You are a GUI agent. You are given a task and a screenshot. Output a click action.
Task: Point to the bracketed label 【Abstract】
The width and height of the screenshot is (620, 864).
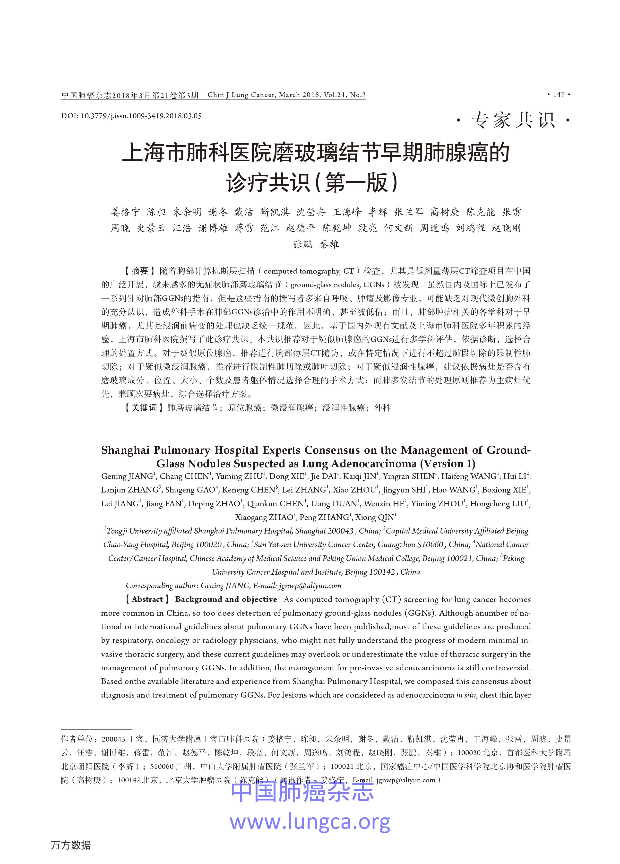tap(147, 599)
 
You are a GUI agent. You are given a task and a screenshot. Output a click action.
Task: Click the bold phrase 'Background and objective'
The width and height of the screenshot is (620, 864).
tap(226, 599)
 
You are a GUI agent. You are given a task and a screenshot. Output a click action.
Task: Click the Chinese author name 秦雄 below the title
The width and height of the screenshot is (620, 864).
tap(329, 244)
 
